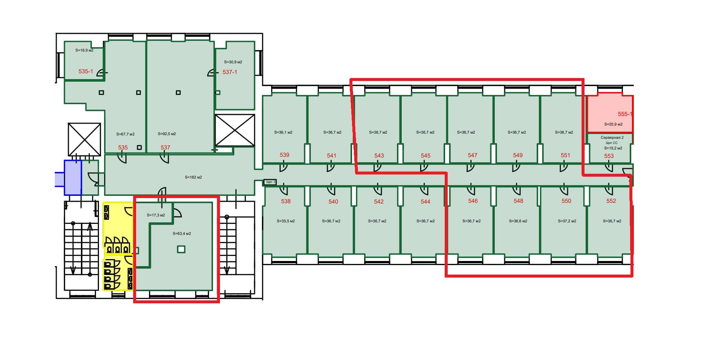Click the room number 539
tap(284, 155)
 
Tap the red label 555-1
tap(625, 114)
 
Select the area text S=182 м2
tap(193, 177)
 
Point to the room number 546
tap(473, 201)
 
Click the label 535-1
tap(86, 71)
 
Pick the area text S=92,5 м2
tap(167, 134)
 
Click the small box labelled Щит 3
tap(270, 182)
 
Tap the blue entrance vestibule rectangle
tap(73, 177)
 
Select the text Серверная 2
tap(612, 138)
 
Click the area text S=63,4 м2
tap(182, 234)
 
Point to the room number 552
tap(611, 201)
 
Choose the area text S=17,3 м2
tap(156, 215)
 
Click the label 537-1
tap(230, 72)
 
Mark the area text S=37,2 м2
tap(567, 221)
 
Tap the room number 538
tap(286, 201)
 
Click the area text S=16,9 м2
tap(84, 50)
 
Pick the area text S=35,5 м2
tap(286, 221)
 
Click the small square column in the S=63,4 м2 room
tap(181, 250)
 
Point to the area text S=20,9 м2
tap(613, 124)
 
